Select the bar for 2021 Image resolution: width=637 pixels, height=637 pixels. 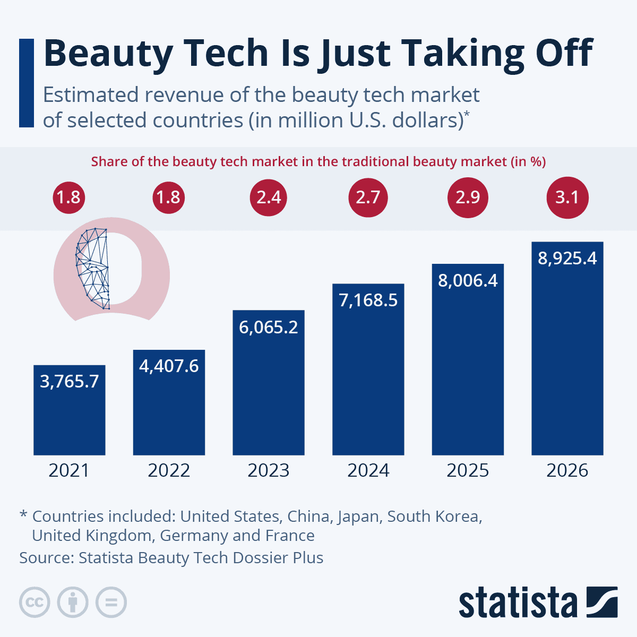click(x=69, y=419)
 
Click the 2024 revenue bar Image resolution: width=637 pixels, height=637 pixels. click(x=368, y=382)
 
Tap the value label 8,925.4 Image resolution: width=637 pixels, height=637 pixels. click(x=567, y=259)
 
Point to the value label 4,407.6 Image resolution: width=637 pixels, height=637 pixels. click(x=169, y=366)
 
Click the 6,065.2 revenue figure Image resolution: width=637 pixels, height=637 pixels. click(x=269, y=327)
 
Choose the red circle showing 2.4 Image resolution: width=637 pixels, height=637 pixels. click(x=269, y=197)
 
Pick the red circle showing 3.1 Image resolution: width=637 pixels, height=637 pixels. click(x=567, y=197)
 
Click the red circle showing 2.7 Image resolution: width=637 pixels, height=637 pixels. click(x=368, y=197)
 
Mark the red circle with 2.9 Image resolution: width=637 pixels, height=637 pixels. click(x=468, y=197)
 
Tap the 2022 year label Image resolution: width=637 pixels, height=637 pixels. click(x=169, y=471)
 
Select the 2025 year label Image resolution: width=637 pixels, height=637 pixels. click(x=468, y=471)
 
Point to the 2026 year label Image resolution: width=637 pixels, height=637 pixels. click(x=567, y=471)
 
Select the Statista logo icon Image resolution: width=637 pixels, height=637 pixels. click(x=602, y=602)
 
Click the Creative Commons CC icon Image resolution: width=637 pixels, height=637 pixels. click(x=35, y=602)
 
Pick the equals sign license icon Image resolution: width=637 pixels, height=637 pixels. click(x=111, y=602)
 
